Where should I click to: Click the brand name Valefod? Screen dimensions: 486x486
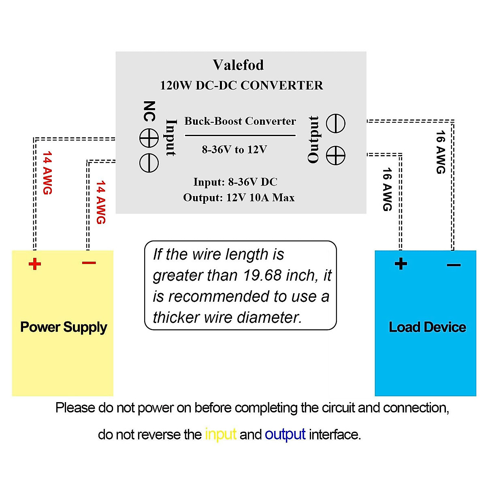point(238,65)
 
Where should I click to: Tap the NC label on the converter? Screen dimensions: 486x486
point(149,111)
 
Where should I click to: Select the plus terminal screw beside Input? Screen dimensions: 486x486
point(149,139)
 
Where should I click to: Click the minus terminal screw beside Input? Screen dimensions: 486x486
point(149,163)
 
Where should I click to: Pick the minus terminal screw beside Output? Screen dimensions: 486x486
point(336,124)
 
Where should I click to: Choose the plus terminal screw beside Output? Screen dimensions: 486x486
point(336,156)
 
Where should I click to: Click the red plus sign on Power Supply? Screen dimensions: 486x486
point(35,264)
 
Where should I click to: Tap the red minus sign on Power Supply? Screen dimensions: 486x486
point(89,263)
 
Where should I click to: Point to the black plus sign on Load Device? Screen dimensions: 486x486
point(401,264)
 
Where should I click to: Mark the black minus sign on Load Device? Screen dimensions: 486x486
point(454,265)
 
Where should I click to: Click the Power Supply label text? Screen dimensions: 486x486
point(64,327)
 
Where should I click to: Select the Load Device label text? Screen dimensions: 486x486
point(427,327)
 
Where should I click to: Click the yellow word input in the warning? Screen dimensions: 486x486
point(220,434)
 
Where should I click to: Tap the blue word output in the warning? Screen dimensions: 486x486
point(285,434)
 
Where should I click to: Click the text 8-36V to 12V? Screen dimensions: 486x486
point(234,150)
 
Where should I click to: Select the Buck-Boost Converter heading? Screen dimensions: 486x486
point(240,121)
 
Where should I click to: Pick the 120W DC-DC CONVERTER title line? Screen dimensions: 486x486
point(241,85)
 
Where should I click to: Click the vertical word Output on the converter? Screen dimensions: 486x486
point(313,139)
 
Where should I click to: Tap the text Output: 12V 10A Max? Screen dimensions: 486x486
point(239,198)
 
